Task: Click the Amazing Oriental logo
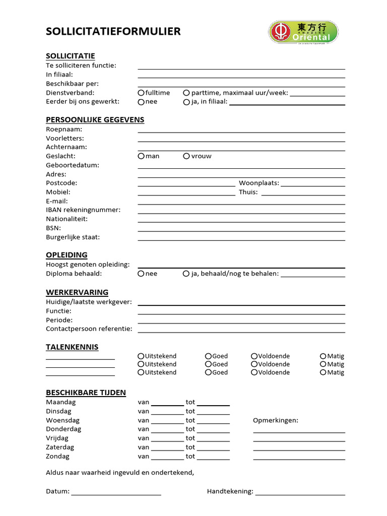(x=303, y=32)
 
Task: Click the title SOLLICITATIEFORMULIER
(x=113, y=32)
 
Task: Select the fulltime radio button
(x=141, y=93)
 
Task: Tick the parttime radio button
(x=186, y=93)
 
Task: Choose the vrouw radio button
(x=186, y=156)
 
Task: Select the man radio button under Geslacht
(x=141, y=156)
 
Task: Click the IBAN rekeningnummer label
(x=83, y=210)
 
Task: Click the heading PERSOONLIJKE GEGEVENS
(x=95, y=120)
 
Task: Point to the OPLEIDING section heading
(x=67, y=255)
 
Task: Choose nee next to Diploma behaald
(x=141, y=274)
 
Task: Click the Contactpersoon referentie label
(x=89, y=329)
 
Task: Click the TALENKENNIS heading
(x=72, y=347)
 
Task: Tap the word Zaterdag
(x=60, y=447)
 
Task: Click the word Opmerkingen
(x=275, y=420)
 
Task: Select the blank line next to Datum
(x=116, y=494)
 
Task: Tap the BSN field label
(x=53, y=228)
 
